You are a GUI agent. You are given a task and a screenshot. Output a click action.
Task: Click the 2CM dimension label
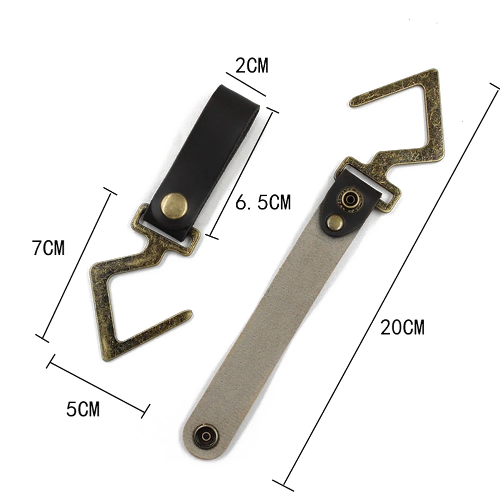pos(252,65)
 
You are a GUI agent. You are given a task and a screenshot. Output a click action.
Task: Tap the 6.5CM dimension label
pos(262,202)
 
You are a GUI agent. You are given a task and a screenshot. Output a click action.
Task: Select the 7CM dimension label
pos(49,248)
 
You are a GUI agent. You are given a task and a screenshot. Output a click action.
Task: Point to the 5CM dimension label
pos(83,410)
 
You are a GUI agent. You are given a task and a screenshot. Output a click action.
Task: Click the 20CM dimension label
pos(402,328)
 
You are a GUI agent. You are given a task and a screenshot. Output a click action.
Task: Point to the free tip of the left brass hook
pos(187,314)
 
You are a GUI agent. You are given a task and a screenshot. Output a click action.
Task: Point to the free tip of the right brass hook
pos(354,102)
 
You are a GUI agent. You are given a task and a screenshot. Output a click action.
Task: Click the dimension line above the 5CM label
pos(98,384)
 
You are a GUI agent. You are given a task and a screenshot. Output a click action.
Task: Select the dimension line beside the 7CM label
pos(77,265)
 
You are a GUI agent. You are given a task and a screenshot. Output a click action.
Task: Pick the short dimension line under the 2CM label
pos(245,84)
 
